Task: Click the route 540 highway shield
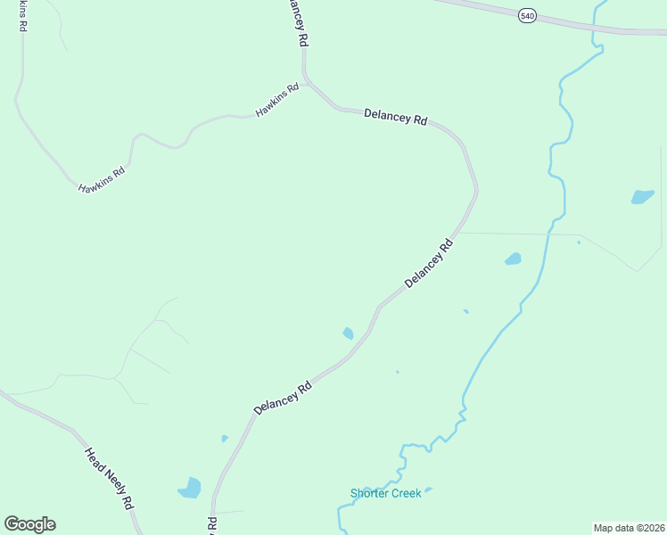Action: tap(528, 16)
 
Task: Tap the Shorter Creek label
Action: tap(385, 493)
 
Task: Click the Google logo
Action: tap(29, 524)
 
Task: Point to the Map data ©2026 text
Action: tap(629, 528)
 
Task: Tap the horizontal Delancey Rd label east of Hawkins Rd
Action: tap(396, 117)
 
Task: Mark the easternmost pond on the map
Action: tap(642, 197)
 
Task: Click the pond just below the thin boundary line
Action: tap(513, 259)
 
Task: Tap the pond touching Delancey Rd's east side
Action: tap(348, 333)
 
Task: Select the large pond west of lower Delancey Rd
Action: tap(190, 488)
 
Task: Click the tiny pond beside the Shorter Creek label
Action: tap(428, 490)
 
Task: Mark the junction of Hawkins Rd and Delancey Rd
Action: tap(306, 86)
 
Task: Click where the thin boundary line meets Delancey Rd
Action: tap(458, 233)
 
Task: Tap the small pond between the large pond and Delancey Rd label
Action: tap(225, 438)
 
